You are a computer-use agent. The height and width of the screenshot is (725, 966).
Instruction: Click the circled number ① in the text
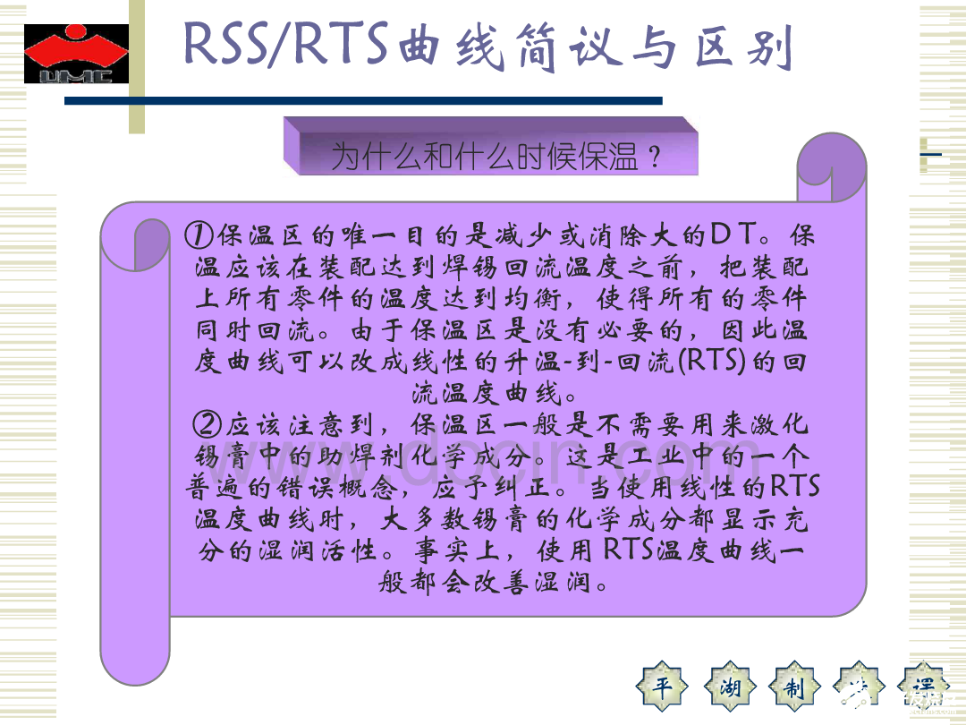tap(199, 236)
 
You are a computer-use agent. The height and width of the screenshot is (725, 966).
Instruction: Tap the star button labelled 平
tap(663, 687)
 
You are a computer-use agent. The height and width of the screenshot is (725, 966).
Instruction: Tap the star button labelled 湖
tap(730, 687)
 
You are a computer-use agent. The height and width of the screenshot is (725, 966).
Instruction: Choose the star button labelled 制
tap(795, 687)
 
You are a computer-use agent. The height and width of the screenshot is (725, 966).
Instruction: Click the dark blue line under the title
tap(362, 101)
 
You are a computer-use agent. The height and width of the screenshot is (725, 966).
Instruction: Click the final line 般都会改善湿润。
tap(496, 582)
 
